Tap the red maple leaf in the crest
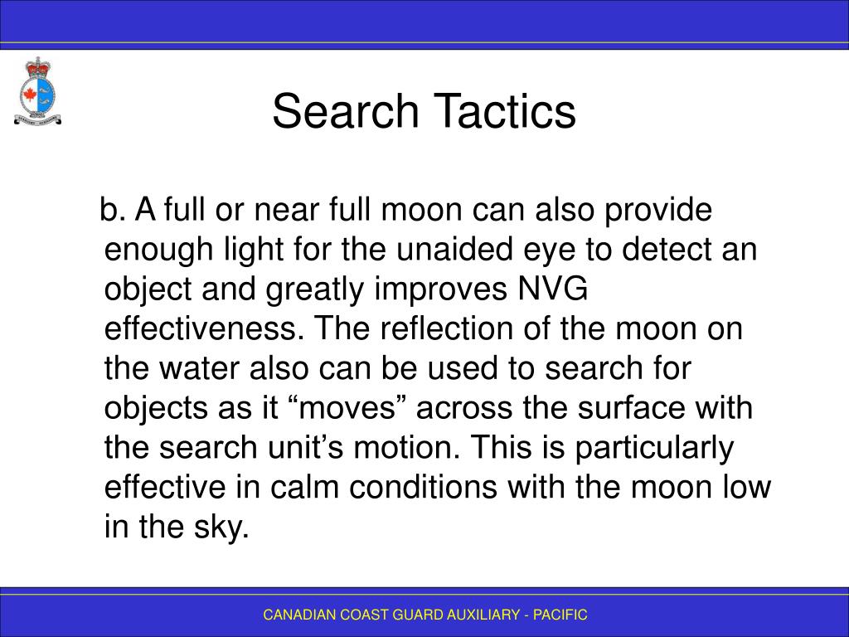(x=29, y=95)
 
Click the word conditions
(x=423, y=486)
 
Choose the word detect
(x=667, y=249)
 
